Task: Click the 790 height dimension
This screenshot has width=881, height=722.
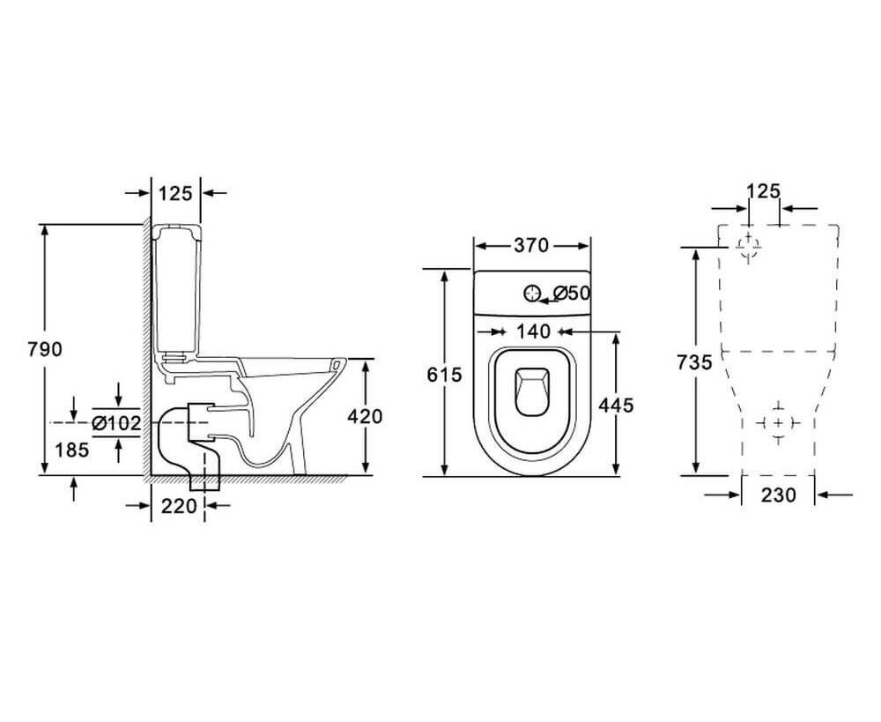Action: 45,350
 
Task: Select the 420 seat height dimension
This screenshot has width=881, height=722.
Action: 365,417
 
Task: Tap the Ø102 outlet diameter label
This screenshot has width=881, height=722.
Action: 116,423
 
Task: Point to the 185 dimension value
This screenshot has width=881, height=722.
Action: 72,450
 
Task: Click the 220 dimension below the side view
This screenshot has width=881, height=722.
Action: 179,506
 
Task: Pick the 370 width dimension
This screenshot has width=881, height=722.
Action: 531,246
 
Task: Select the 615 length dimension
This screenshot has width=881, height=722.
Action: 444,374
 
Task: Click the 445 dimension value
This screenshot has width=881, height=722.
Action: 616,405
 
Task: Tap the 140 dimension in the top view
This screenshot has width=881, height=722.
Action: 533,331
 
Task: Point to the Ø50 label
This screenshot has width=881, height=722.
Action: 571,293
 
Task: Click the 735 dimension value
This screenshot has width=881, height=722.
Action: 694,362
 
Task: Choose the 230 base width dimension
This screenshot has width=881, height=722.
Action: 779,495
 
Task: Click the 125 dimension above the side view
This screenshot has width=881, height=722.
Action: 175,193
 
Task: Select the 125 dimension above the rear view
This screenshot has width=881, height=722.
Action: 764,191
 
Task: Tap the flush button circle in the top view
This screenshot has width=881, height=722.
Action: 531,293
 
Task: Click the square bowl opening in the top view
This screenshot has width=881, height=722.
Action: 530,392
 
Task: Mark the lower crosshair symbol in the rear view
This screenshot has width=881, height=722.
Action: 778,422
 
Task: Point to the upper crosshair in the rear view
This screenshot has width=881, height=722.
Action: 748,246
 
